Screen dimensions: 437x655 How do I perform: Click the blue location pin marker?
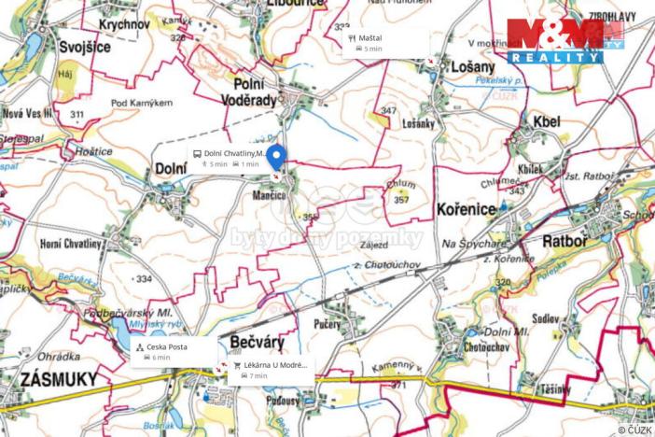[278, 160]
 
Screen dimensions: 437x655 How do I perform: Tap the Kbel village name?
[546, 121]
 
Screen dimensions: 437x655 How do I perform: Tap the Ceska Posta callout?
[166, 352]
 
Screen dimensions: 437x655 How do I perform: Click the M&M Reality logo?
[564, 39]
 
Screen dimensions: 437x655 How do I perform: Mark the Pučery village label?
[328, 325]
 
